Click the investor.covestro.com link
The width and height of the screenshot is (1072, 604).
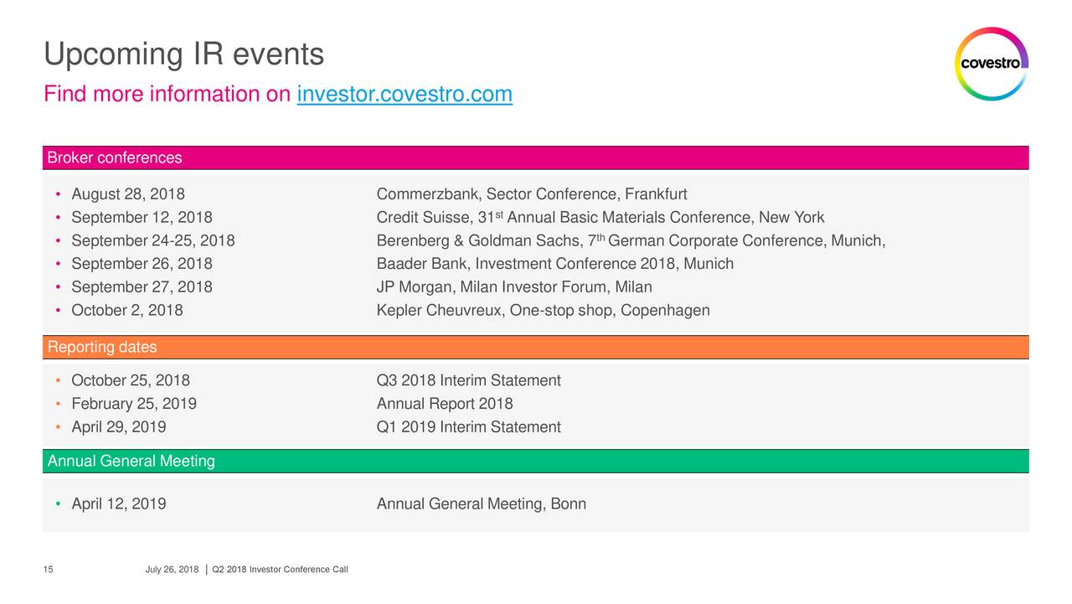[405, 94]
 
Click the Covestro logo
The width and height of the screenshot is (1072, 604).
[991, 64]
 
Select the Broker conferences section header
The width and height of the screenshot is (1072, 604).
[115, 157]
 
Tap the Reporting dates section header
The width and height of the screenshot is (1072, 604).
[102, 347]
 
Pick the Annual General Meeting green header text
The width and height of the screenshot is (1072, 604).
[131, 461]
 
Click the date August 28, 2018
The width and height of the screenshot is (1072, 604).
[128, 194]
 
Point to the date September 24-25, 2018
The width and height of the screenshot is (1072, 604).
[153, 240]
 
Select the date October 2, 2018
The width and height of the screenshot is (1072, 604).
[126, 310]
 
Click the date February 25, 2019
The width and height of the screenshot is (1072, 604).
[134, 404]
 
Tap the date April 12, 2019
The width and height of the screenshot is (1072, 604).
[119, 503]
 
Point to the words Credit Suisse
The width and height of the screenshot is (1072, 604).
[423, 217]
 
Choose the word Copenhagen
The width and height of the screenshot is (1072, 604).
[665, 310]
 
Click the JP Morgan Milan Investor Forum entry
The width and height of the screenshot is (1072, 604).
[514, 287]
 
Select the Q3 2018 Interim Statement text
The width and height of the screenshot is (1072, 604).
[468, 380]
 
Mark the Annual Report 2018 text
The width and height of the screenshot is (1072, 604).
[445, 404]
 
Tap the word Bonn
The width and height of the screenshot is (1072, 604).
[568, 503]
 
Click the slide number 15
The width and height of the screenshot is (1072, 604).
[48, 569]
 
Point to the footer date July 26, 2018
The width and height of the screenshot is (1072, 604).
[172, 569]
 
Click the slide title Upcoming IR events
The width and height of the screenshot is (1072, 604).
[183, 54]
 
